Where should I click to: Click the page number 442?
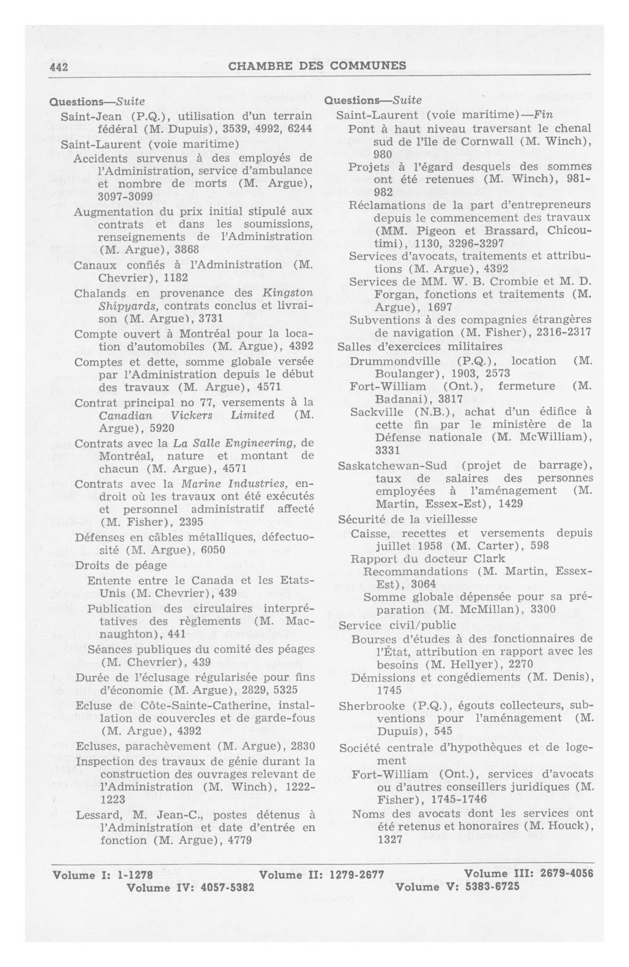[58, 66]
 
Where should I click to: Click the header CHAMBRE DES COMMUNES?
[317, 66]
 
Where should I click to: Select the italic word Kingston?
[288, 293]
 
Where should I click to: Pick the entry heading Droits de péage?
[121, 565]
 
